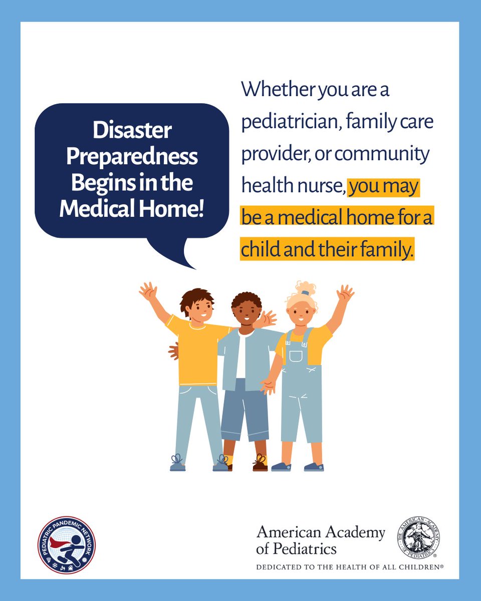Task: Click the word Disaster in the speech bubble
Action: pos(132,132)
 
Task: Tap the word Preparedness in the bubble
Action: pos(132,157)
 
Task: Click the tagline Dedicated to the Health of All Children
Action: pos(349,567)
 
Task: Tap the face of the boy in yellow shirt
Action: pos(200,311)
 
